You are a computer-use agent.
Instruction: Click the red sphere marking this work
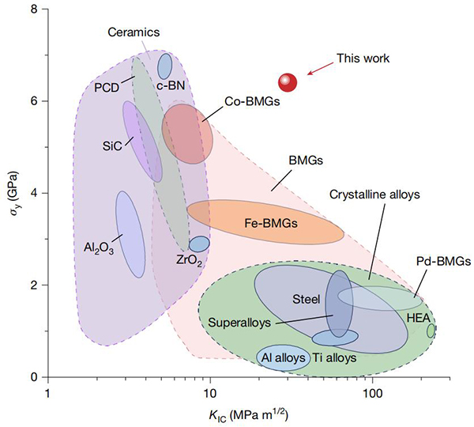[x=288, y=82]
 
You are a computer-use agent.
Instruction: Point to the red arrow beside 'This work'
[x=319, y=70]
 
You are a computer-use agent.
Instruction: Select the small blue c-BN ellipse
[x=165, y=66]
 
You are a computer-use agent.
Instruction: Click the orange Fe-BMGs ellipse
[x=265, y=223]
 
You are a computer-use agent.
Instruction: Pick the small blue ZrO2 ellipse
[x=199, y=244]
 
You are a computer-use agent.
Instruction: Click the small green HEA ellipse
[x=431, y=331]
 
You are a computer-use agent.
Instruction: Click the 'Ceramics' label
[x=134, y=32]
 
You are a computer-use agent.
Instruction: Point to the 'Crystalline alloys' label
[x=374, y=195]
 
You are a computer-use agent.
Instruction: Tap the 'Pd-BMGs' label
[x=443, y=261]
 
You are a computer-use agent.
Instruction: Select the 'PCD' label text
[x=107, y=86]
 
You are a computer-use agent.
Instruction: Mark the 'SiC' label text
[x=112, y=146]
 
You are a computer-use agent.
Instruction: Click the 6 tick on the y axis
[x=36, y=101]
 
